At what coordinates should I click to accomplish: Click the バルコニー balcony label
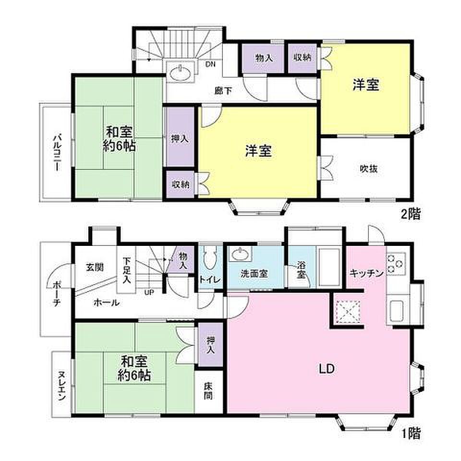pos(57,152)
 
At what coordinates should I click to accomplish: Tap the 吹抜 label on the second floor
pos(369,169)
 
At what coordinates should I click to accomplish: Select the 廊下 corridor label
pos(223,91)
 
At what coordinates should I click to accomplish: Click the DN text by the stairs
pos(210,64)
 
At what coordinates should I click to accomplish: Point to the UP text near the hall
pos(149,292)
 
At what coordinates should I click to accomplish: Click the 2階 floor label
pos(411,214)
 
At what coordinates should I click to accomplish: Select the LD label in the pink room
pos(327,369)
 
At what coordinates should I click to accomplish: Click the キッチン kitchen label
pos(366,273)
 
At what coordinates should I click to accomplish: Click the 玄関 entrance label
pos(95,267)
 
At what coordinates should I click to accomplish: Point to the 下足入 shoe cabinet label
pos(126,270)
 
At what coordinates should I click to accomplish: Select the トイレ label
pos(210,279)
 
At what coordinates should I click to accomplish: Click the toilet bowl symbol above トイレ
pos(210,257)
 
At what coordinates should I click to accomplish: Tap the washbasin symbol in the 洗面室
pos(241,254)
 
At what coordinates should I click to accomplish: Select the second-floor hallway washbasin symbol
pos(180,72)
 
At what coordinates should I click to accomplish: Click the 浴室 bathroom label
pos(302,269)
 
